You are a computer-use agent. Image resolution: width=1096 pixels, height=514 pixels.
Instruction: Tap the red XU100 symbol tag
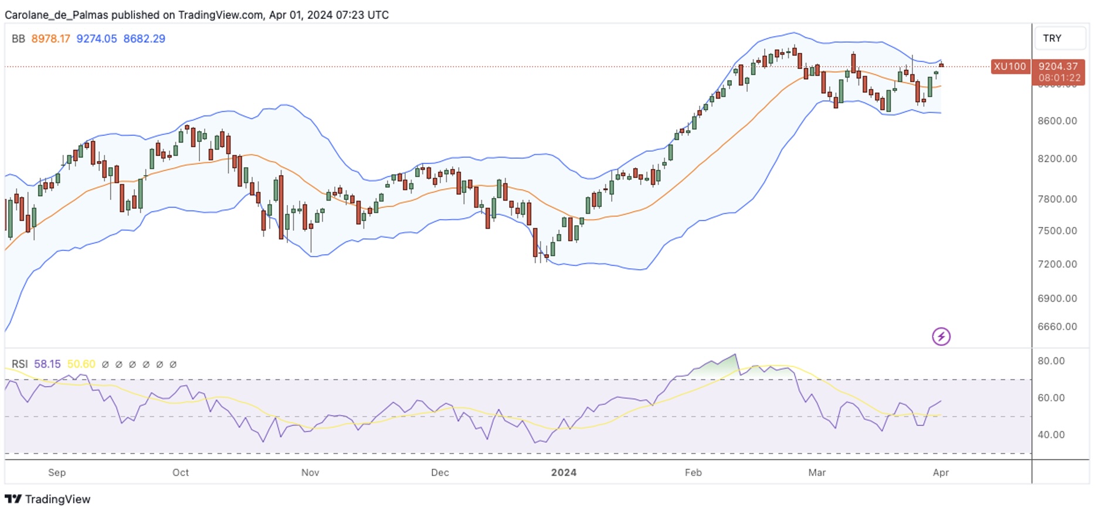coord(1010,67)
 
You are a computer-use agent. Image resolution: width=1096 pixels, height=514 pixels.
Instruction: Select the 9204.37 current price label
coord(1058,67)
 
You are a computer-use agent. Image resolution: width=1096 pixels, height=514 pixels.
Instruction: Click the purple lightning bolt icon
coord(941,336)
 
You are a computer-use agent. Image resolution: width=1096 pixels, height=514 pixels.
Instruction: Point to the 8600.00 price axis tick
coord(1057,121)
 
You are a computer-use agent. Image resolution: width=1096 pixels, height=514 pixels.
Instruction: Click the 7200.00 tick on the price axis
coord(1057,264)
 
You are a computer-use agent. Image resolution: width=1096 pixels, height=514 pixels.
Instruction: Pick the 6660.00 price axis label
coord(1057,326)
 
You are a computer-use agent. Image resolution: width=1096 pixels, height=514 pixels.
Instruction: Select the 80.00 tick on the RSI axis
coord(1051,361)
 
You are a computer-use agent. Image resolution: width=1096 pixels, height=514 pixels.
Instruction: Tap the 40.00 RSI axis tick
coord(1051,435)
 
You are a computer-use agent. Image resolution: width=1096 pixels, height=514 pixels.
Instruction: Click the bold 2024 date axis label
coord(564,472)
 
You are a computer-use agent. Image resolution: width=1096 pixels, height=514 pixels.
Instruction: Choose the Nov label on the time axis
coord(310,472)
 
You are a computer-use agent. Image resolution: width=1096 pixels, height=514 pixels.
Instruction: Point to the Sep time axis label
coord(57,472)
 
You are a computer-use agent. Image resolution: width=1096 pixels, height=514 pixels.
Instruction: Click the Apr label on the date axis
coord(941,472)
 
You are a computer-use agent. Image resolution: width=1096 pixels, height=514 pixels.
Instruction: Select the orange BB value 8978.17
coord(50,39)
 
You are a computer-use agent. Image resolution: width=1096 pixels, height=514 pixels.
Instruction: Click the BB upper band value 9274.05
coord(97,39)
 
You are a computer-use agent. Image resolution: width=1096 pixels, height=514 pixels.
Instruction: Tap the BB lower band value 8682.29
coord(144,39)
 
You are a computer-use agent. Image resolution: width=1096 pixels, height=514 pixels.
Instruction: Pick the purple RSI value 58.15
coord(47,364)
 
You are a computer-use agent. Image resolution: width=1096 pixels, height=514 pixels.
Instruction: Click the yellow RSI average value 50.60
coord(81,364)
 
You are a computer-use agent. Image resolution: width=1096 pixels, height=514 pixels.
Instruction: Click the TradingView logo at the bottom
coord(48,499)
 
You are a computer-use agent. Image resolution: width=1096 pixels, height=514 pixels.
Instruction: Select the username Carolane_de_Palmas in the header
coord(56,15)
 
